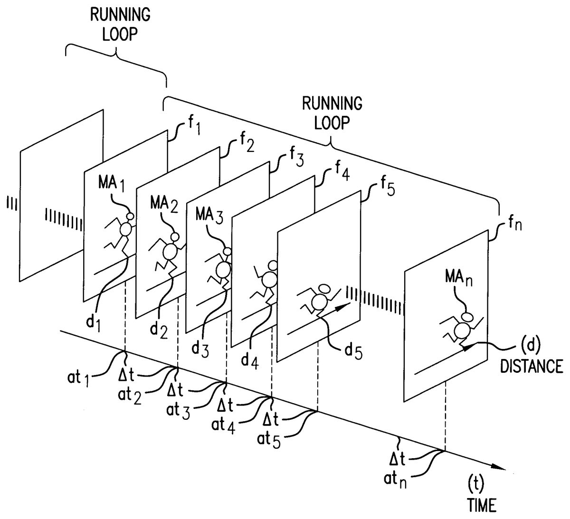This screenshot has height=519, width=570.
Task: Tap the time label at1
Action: tap(78, 378)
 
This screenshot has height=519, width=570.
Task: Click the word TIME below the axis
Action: tap(482, 505)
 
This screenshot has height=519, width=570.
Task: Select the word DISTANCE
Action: tap(532, 366)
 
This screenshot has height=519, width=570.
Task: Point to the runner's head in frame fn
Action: tap(467, 316)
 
